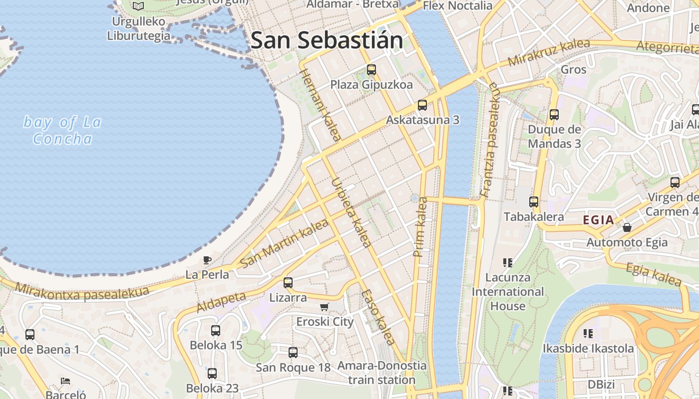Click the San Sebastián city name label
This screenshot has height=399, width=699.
327,40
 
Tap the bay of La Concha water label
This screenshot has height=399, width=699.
62,130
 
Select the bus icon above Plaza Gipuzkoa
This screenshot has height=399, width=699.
371,69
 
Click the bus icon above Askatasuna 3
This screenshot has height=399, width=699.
422,105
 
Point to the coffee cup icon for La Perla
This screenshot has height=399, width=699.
207,259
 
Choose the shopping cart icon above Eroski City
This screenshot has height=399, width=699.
325,307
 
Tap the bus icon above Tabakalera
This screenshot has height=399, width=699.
534,202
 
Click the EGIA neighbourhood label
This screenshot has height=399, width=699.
598,220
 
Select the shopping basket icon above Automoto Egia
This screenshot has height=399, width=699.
627,227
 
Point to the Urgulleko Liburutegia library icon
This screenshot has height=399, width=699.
138,6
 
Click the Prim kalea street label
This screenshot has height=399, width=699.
420,227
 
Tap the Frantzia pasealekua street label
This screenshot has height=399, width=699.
490,139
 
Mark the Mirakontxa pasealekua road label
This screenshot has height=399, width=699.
82,292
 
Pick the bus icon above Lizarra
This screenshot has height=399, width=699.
288,282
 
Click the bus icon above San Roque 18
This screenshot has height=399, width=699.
293,353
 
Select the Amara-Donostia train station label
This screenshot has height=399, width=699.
382,373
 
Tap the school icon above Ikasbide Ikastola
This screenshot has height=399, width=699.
588,333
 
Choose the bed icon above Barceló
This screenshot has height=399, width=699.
65,381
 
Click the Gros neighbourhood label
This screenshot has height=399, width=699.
573,69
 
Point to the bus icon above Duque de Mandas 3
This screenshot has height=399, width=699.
554,114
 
